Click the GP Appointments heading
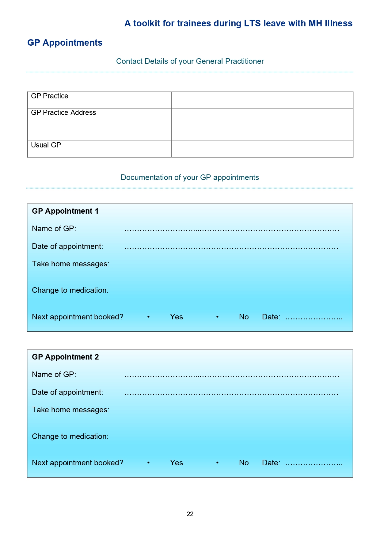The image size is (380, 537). [x=65, y=43]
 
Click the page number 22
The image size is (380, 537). [x=190, y=514]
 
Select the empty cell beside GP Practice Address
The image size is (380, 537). [x=262, y=124]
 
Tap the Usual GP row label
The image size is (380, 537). [x=46, y=145]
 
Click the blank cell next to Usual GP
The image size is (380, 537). [x=262, y=149]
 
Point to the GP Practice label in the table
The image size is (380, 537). [x=50, y=96]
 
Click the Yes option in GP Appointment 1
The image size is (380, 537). [x=177, y=317]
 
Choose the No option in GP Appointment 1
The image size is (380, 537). [x=244, y=317]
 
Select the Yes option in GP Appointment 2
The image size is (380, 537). [x=177, y=463]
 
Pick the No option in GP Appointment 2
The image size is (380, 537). [x=244, y=463]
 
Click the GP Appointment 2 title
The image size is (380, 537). [x=65, y=357]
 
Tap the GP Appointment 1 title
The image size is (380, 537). [x=65, y=211]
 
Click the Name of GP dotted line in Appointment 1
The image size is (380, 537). [x=231, y=230]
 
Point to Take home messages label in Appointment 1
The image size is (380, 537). [x=70, y=264]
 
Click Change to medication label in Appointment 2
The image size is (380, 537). [x=70, y=436]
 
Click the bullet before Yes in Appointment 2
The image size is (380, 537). [x=148, y=463]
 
